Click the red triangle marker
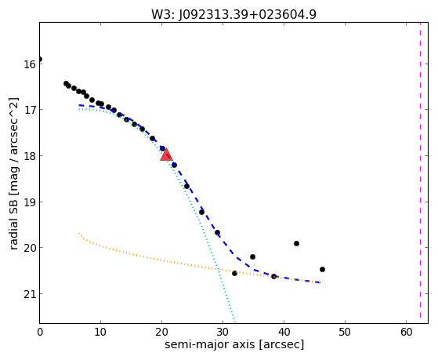pos(166,155)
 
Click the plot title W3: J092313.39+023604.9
pos(233,14)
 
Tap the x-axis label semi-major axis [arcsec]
pos(234,344)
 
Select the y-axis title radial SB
pos(13,216)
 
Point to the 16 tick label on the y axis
pos(29,64)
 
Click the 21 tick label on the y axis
pos(29,293)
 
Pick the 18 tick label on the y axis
pos(29,156)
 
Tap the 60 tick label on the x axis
pos(406,332)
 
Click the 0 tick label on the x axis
pos(40,332)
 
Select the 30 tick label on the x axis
pos(223,332)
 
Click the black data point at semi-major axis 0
pos(40,59)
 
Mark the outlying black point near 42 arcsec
pos(296,243)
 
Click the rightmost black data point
pos(322,269)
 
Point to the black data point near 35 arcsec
pos(252,256)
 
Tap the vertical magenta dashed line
pos(420,170)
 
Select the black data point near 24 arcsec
pos(186,187)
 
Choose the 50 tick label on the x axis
pos(345,332)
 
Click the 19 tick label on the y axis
pos(29,202)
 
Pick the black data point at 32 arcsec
pos(234,273)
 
